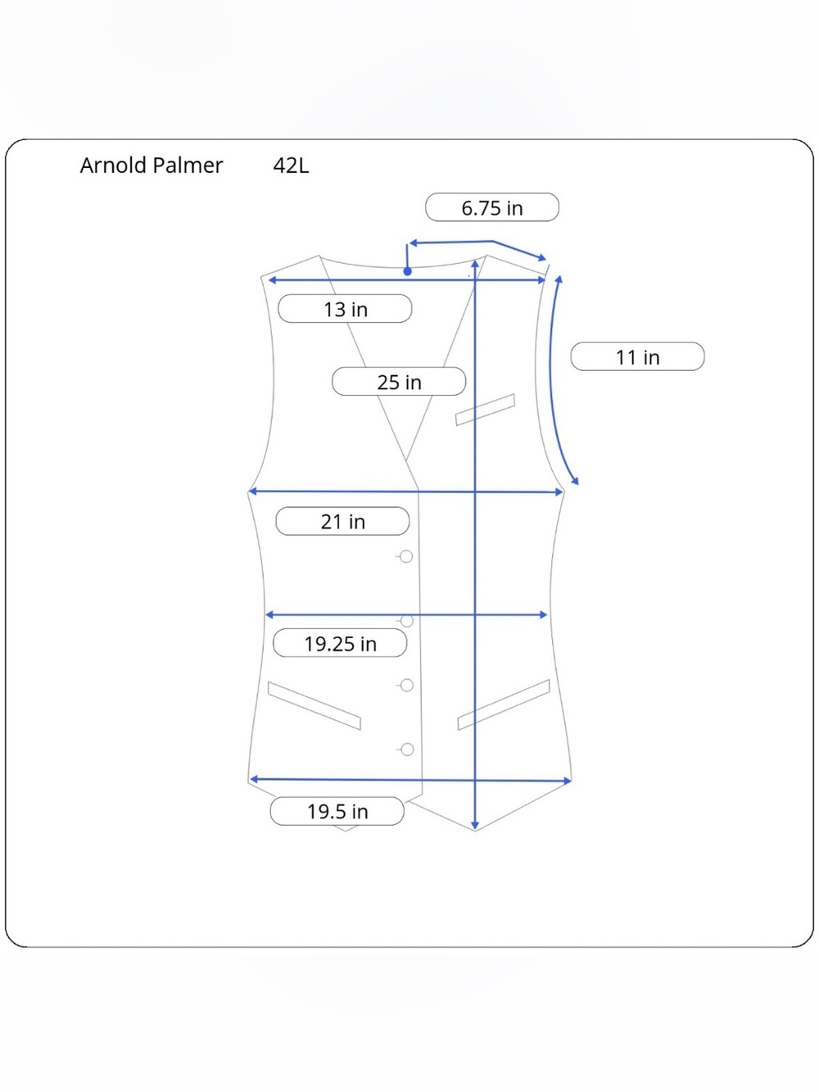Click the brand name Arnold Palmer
pos(152,165)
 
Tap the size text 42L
pos(291,165)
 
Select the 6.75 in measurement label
pos(491,207)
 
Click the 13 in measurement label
pos(345,309)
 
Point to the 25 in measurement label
pos(399,382)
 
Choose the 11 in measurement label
pos(637,356)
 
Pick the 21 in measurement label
pos(342,521)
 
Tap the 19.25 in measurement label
pos(340,643)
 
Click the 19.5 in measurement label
pos(337,811)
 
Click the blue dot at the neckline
pos(407,271)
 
